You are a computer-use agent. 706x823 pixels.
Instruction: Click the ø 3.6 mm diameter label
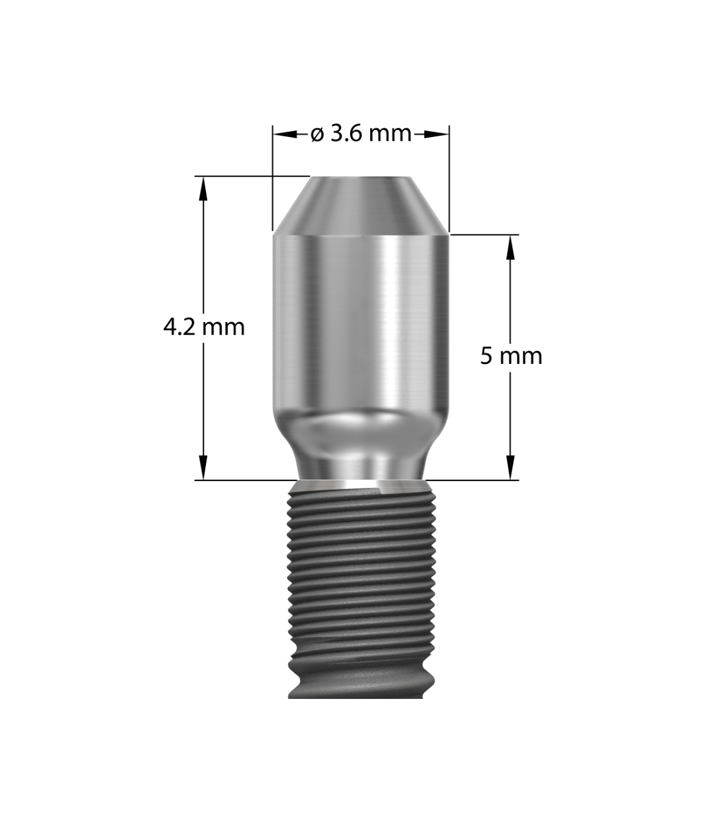(360, 134)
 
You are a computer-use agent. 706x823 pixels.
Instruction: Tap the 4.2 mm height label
(205, 327)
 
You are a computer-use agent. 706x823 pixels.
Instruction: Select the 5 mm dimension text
(511, 355)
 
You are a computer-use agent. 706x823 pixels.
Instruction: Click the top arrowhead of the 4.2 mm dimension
(203, 184)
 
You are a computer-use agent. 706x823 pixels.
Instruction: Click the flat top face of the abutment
(360, 177)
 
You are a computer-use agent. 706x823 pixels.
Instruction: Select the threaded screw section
(360, 579)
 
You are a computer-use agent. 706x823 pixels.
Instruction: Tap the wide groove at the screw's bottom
(360, 682)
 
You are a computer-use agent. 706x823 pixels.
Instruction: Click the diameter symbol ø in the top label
(317, 134)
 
